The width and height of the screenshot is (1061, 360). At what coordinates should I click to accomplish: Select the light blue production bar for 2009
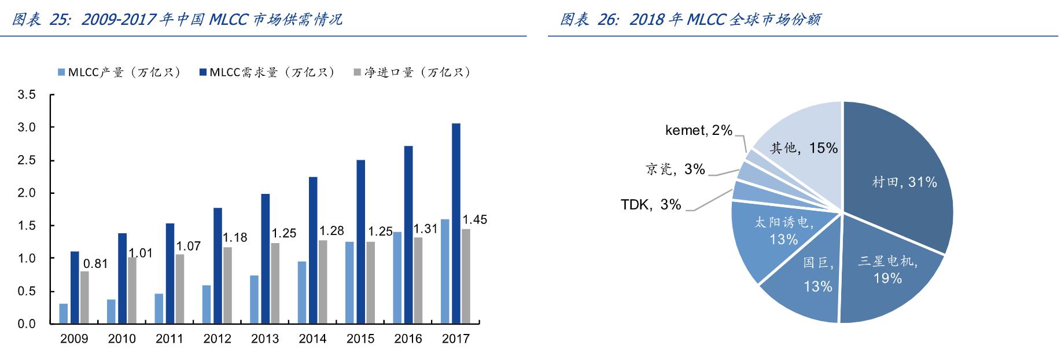point(64,313)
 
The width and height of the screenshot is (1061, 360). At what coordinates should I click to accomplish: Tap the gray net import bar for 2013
point(275,283)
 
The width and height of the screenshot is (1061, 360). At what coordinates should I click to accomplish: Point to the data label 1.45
point(474,220)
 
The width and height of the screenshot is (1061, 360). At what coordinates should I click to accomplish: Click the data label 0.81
point(95,264)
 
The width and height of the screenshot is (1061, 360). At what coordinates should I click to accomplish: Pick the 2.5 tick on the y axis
point(27,160)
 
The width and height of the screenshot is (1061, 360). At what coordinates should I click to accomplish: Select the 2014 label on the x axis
point(312,339)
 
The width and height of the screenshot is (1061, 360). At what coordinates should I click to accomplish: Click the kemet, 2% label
point(699,131)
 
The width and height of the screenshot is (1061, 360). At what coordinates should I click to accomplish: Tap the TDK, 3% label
point(651,205)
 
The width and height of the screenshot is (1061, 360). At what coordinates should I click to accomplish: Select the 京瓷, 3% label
point(675,169)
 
